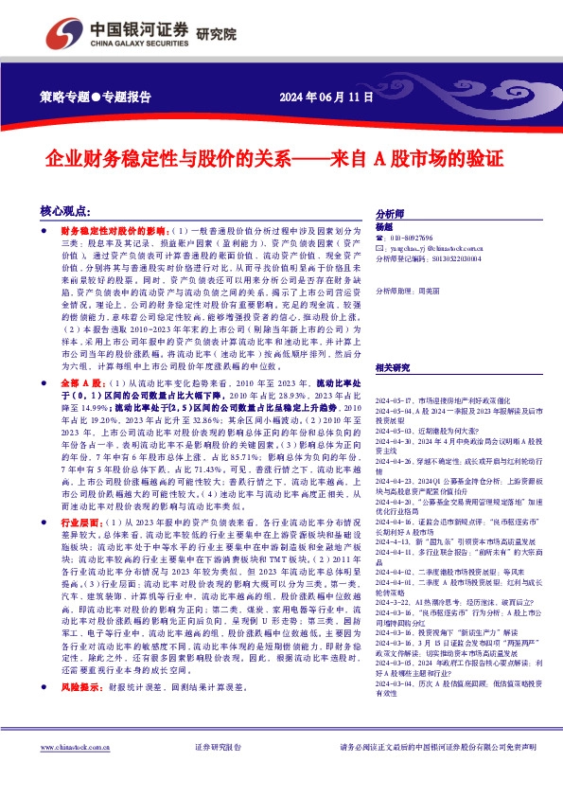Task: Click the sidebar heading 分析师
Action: pos(390,215)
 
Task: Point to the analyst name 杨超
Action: pos(383,227)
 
